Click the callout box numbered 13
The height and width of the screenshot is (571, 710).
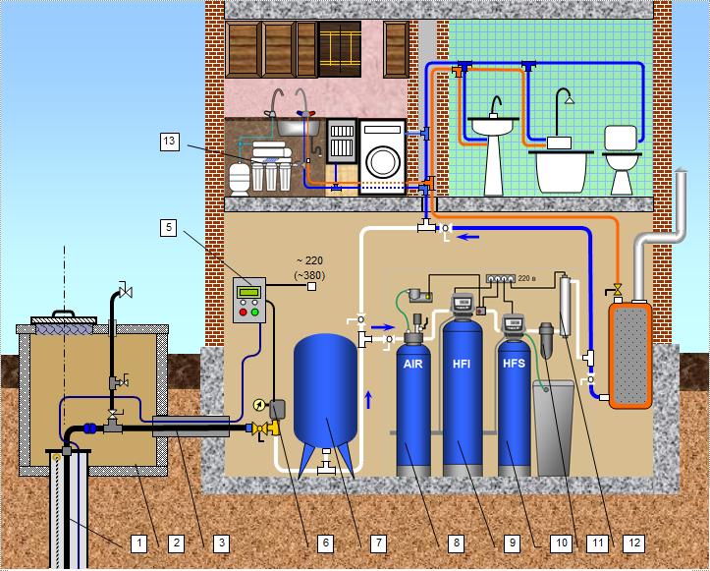click(x=169, y=142)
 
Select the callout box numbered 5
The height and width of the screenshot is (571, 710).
click(x=169, y=227)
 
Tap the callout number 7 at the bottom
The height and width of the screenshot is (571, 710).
click(x=378, y=542)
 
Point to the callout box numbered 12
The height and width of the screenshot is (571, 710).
click(x=634, y=542)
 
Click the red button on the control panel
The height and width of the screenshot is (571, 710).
click(x=244, y=313)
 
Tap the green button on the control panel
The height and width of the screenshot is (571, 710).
click(x=255, y=313)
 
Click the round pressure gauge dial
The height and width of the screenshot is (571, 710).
click(x=260, y=404)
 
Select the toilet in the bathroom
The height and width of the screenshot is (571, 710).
click(x=622, y=161)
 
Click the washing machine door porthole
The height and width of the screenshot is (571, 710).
click(x=382, y=162)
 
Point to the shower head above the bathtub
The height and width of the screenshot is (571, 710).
click(x=570, y=99)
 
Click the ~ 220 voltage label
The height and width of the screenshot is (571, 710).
click(x=310, y=261)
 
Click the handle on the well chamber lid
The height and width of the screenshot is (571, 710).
click(x=64, y=314)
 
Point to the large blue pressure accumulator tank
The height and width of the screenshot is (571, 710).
click(x=326, y=393)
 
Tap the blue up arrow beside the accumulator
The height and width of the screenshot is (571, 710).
click(x=368, y=400)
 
